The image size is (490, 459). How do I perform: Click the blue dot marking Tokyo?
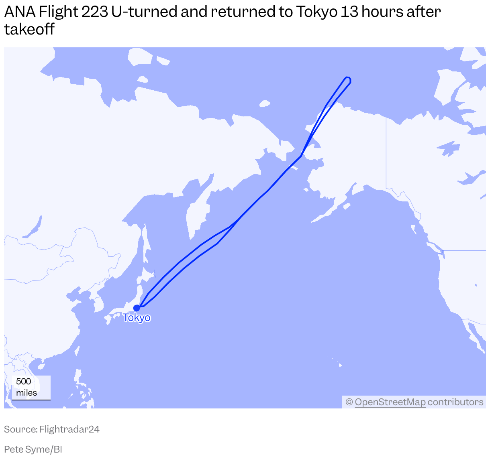pyautogui.click(x=137, y=308)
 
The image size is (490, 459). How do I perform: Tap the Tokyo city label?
pyautogui.click(x=137, y=318)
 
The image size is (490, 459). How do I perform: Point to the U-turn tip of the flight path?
pyautogui.click(x=348, y=79)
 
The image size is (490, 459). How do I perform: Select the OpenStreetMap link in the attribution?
pyautogui.click(x=390, y=402)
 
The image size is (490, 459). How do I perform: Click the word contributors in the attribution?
pyautogui.click(x=455, y=402)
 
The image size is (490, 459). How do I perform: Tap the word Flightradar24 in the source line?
pyautogui.click(x=69, y=429)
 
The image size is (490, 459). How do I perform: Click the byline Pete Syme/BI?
pyautogui.click(x=33, y=449)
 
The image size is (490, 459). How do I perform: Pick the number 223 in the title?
pyautogui.click(x=94, y=12)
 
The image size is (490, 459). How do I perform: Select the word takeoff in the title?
pyautogui.click(x=29, y=29)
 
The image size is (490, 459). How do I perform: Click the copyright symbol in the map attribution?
pyautogui.click(x=349, y=402)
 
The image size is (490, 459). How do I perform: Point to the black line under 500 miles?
pyautogui.click(x=31, y=400)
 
